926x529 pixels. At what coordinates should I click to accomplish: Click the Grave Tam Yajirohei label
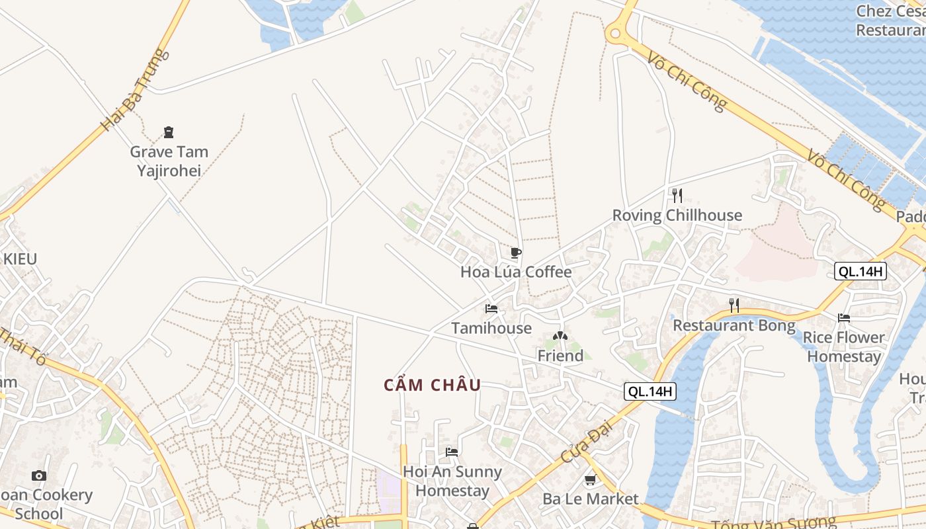[x=169, y=161]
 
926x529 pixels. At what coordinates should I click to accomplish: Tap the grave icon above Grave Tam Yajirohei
[x=169, y=132]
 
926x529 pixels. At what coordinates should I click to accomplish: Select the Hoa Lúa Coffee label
[x=516, y=272]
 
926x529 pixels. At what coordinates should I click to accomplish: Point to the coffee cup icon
[x=516, y=253]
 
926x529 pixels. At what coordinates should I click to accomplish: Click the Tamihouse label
[x=491, y=328]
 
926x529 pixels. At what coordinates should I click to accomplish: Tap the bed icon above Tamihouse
[x=491, y=309]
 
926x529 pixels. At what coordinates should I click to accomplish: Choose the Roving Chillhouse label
[x=677, y=215]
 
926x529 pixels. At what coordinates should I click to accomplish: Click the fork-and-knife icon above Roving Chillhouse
[x=677, y=195]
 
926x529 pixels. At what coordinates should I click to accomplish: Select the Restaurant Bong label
[x=734, y=325]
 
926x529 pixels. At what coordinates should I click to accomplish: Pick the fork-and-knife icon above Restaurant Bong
[x=734, y=305]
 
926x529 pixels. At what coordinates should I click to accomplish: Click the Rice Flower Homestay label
[x=844, y=347]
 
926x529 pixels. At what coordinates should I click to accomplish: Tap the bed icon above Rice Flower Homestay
[x=844, y=318]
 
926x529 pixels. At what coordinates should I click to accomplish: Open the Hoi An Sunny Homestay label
[x=452, y=481]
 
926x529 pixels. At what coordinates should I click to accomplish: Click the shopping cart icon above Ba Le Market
[x=591, y=479]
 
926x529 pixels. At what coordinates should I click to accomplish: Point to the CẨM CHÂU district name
[x=433, y=385]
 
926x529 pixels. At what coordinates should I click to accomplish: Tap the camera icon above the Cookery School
[x=39, y=475]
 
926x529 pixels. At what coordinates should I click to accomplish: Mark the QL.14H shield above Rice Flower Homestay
[x=860, y=271]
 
